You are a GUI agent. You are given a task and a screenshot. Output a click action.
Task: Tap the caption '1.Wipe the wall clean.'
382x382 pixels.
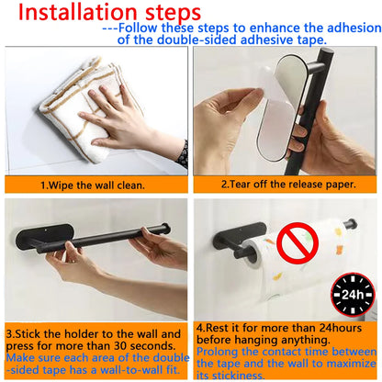point(94,185)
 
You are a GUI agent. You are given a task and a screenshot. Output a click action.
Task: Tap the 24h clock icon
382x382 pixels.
point(353,295)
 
